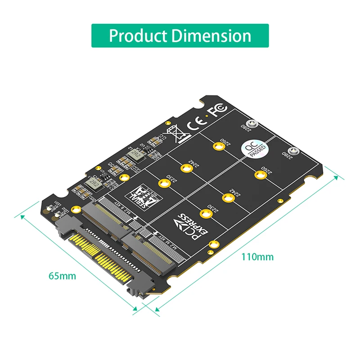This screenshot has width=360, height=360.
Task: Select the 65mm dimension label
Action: coord(62,275)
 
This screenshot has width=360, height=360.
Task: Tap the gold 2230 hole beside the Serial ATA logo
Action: coord(162,183)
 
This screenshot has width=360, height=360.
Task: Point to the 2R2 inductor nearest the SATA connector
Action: coord(94,182)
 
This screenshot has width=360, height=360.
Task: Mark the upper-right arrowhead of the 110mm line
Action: coord(337,177)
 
